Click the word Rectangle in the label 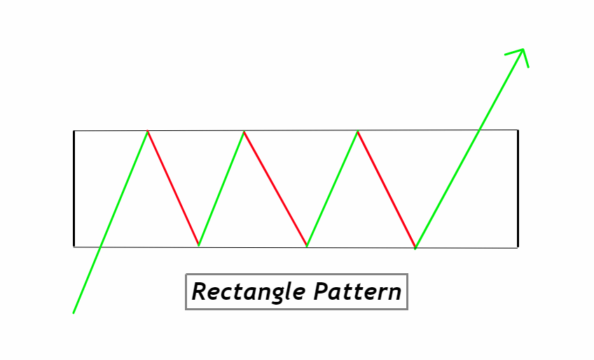(249, 291)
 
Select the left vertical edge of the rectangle (74, 189)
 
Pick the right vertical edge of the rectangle (518, 189)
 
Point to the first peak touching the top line (148, 131)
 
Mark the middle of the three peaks (244, 131)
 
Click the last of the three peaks (357, 131)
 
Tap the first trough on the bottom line (199, 245)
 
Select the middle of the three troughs (307, 246)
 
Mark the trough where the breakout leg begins (415, 247)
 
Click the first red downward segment (173, 188)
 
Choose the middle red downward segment (275, 188)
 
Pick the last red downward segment (386, 189)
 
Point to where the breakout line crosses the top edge (479, 130)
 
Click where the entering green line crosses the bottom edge (102, 246)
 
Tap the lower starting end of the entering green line (74, 312)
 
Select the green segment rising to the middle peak (221, 188)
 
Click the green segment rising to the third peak (332, 188)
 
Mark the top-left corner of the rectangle (74, 131)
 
